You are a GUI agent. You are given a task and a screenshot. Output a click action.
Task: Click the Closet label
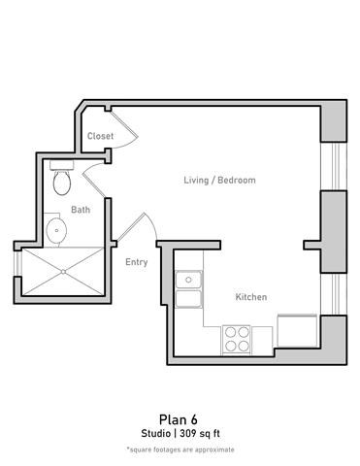[x=100, y=137]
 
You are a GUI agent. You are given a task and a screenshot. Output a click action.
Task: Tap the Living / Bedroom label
[x=220, y=181]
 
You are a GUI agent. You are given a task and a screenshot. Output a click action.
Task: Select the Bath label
[x=82, y=209]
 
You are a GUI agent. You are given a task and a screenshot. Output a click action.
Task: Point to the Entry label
[x=137, y=262]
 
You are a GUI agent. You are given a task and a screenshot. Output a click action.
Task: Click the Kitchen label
[x=251, y=297]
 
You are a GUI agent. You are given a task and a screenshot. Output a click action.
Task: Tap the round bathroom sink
[x=56, y=230]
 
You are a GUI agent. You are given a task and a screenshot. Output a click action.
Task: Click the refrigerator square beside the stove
[x=296, y=331]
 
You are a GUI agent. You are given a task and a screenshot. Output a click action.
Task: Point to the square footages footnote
[x=180, y=449]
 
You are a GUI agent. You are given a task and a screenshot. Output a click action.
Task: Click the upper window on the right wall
[x=334, y=165]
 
